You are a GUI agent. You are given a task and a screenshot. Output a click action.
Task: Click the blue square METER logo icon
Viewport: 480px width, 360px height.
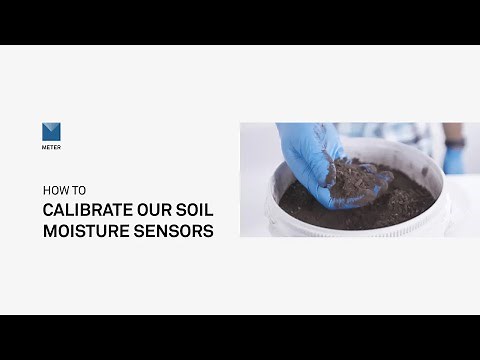click(x=51, y=131)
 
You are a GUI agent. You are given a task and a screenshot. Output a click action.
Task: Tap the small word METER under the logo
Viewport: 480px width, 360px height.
click(x=51, y=147)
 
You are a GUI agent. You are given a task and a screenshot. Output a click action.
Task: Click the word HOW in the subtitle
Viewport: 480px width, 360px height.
click(x=52, y=188)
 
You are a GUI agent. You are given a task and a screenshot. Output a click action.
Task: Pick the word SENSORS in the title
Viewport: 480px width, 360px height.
click(x=177, y=232)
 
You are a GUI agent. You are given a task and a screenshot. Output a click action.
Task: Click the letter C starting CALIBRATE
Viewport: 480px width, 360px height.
click(x=48, y=210)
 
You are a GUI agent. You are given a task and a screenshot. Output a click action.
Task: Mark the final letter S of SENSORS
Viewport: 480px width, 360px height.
click(x=208, y=232)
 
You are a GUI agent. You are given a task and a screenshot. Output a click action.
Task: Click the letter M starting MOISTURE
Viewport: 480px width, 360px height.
click(x=49, y=232)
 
